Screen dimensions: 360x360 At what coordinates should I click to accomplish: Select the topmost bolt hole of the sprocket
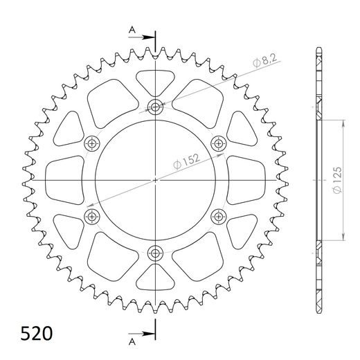[x=155, y=107]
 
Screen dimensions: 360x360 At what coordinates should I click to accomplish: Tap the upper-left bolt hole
[x=91, y=144]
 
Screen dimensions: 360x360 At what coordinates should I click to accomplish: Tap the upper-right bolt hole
[x=218, y=144]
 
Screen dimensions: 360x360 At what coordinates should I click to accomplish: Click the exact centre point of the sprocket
[x=155, y=181]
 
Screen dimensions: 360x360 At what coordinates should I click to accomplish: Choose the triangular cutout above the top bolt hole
[x=155, y=80]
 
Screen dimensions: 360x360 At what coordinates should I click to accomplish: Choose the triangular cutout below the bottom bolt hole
[x=155, y=280]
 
